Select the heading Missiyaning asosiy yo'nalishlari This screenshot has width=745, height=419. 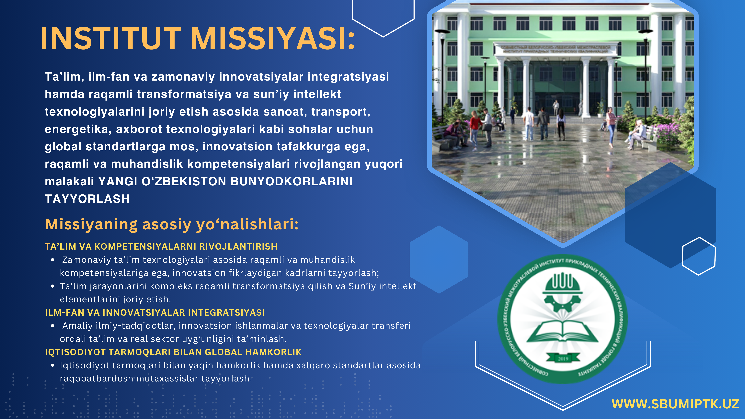[172, 224]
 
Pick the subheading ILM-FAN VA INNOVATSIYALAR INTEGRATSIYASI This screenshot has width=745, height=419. [155, 313]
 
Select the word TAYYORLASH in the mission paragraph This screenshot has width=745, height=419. [87, 199]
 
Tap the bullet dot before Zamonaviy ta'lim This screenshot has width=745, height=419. [53, 260]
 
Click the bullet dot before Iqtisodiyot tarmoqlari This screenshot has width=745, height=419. [53, 366]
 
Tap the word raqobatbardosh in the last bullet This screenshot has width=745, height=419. [96, 379]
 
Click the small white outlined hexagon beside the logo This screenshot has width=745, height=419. [698, 256]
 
